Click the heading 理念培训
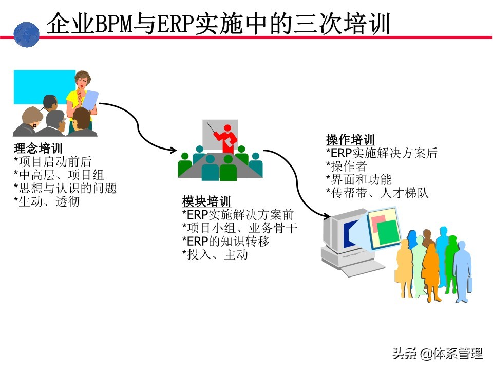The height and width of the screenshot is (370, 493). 38,150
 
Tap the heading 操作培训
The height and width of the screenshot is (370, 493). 350,140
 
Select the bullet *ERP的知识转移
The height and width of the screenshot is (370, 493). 225,240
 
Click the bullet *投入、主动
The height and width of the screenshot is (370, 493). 215,254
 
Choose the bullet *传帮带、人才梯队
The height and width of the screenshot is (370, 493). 377,193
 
